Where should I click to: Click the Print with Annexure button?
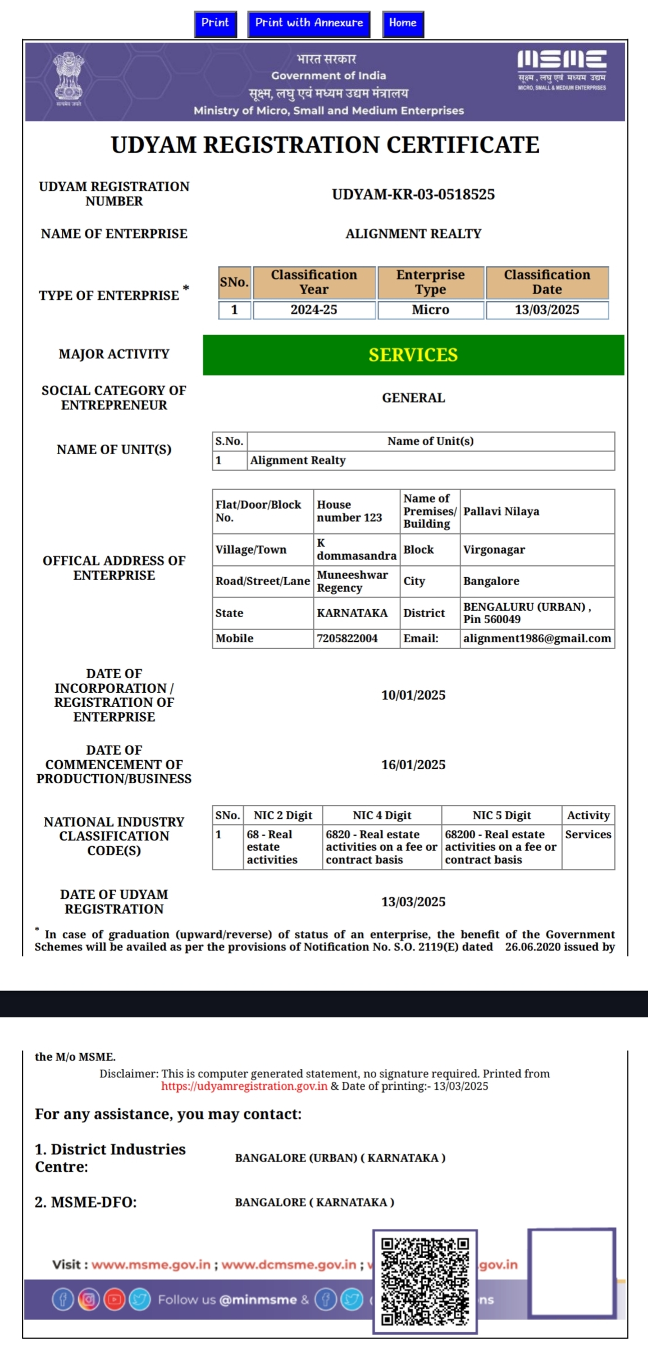309,24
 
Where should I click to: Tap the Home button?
403,24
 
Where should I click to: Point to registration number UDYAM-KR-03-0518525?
413,195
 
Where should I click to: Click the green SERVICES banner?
413,355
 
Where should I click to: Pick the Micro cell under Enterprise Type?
431,310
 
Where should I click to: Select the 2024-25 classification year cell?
314,310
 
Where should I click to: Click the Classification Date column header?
547,282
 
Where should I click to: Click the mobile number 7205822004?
348,638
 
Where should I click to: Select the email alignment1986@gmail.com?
537,638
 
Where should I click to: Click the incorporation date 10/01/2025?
413,695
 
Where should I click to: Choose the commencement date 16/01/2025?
413,765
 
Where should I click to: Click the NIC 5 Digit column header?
501,815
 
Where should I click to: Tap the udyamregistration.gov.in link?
244,1086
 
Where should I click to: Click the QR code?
425,1282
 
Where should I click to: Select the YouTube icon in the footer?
115,1299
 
